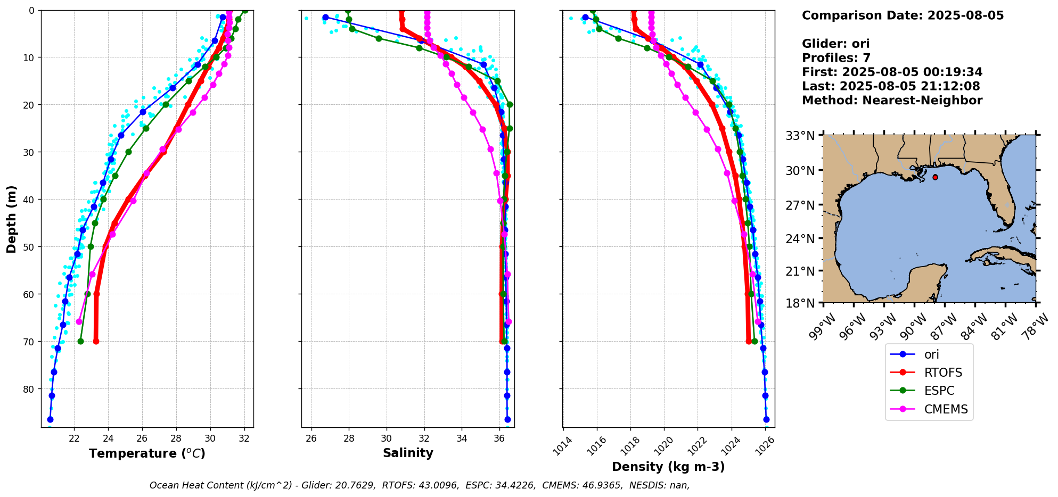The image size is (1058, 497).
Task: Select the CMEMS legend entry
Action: (x=946, y=409)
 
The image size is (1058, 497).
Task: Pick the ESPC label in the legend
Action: (x=939, y=391)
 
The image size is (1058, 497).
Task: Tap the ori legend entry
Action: (x=931, y=354)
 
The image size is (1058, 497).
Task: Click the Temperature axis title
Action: (x=147, y=453)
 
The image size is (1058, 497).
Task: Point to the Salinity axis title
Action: (x=408, y=453)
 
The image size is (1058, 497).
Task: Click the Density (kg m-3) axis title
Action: (x=668, y=467)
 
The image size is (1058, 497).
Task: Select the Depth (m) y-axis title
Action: (x=11, y=219)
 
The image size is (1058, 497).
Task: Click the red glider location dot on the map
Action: (x=935, y=177)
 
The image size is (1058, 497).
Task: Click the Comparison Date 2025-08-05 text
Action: (x=903, y=15)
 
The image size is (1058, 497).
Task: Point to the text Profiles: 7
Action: (x=836, y=57)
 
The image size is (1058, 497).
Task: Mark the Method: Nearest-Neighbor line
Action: (x=892, y=100)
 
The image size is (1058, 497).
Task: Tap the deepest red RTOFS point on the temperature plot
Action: (x=96, y=341)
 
